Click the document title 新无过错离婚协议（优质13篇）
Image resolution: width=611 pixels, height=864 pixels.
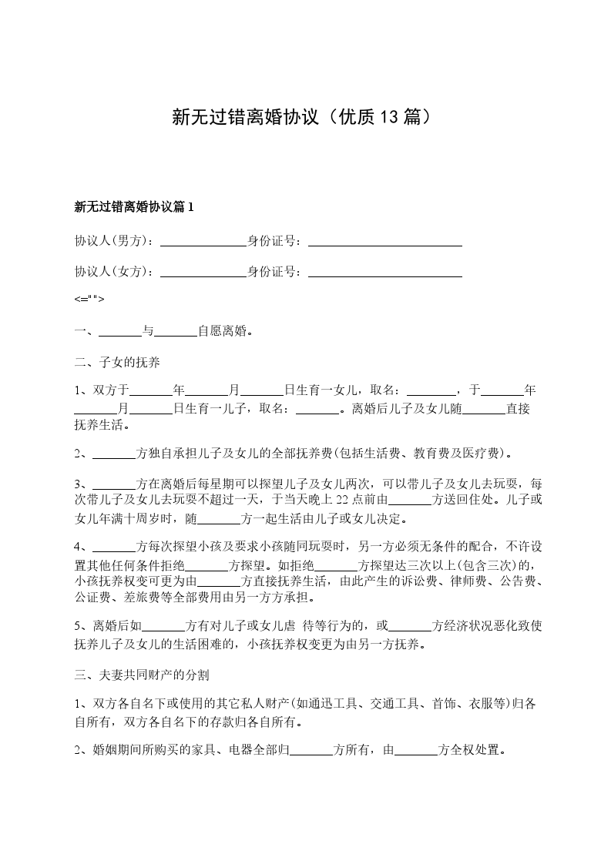click(x=305, y=117)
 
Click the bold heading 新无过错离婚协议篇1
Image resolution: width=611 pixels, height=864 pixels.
click(x=136, y=207)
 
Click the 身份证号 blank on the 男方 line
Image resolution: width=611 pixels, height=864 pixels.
click(x=384, y=241)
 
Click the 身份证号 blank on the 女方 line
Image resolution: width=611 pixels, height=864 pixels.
click(x=384, y=272)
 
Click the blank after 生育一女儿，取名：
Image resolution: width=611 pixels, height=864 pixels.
click(x=431, y=390)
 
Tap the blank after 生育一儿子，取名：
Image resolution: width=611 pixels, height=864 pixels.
click(x=317, y=409)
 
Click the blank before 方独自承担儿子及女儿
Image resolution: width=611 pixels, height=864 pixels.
click(x=113, y=454)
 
